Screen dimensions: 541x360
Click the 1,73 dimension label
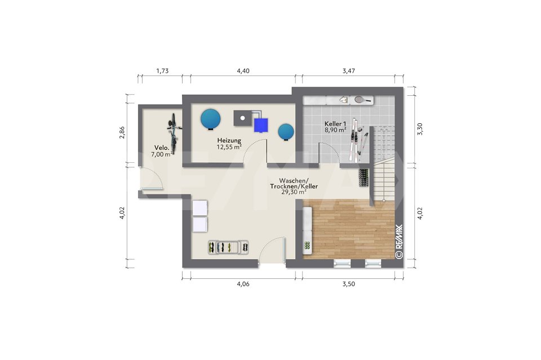tap(162, 71)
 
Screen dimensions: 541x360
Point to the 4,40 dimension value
tap(243, 71)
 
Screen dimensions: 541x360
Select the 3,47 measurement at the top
tap(348, 71)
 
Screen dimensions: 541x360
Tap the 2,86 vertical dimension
tap(122, 133)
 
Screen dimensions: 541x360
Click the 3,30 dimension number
tap(420, 129)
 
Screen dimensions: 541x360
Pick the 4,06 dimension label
tap(243, 284)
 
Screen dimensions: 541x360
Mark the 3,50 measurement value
tap(348, 284)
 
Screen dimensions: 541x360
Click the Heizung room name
tap(229, 141)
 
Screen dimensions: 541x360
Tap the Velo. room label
tap(162, 148)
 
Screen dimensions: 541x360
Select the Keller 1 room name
tap(335, 124)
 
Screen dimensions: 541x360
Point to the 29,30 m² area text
tap(294, 193)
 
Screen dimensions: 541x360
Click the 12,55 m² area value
tap(229, 147)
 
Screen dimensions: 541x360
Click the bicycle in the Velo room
tap(173, 134)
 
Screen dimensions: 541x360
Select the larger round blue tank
tap(210, 119)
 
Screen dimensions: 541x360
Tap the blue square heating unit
tap(261, 125)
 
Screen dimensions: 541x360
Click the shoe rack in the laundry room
tap(228, 247)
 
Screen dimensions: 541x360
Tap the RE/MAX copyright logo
tap(399, 241)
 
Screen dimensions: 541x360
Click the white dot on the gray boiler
tap(242, 118)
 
